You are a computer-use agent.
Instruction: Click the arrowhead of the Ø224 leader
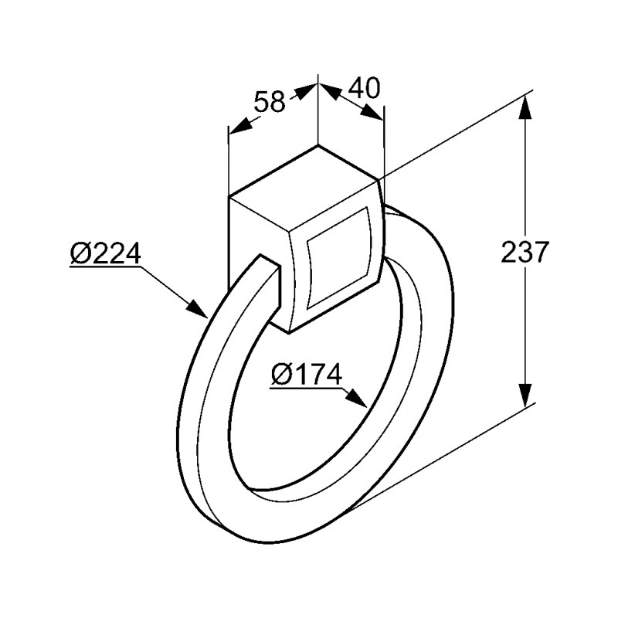coord(200,311)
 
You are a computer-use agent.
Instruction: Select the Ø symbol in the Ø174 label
coord(281,375)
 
